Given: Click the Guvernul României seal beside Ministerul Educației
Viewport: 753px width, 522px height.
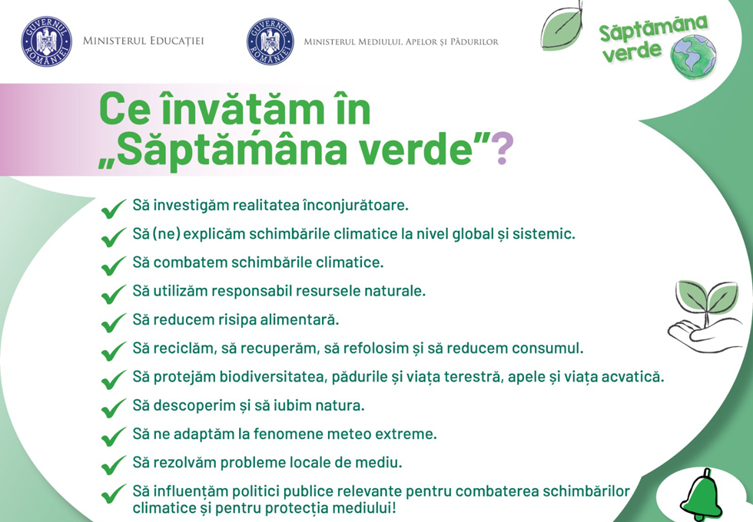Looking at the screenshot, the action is point(46,41).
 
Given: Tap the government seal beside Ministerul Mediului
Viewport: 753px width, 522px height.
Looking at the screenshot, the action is point(270,41).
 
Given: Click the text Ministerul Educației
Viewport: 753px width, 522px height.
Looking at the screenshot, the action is point(144,41).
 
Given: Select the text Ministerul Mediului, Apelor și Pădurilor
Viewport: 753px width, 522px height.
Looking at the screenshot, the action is point(401,41).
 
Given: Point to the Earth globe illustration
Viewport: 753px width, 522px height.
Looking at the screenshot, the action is point(693,57).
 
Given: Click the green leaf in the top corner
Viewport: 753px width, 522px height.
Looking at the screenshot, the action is point(562,25).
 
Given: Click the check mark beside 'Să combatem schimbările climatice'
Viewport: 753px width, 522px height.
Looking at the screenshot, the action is point(114,266).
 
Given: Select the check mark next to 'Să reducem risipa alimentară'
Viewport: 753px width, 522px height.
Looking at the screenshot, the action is point(114,322).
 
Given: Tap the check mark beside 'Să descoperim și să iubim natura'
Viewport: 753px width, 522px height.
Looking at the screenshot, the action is point(114,408).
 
